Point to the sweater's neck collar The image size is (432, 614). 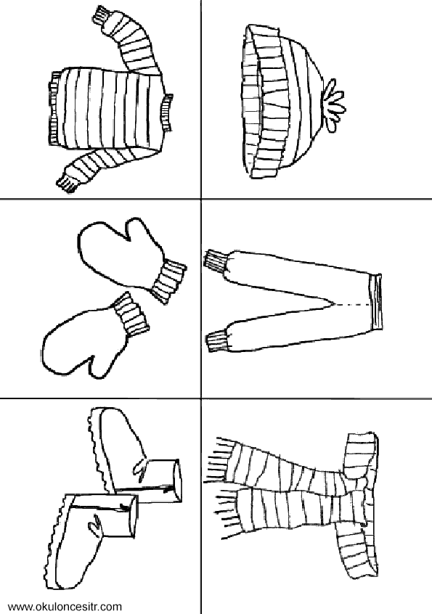(166, 112)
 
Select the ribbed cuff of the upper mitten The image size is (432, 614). (168, 280)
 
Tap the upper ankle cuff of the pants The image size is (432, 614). (216, 260)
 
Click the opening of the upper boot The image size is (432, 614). (175, 480)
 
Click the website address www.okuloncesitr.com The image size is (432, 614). (65, 607)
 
